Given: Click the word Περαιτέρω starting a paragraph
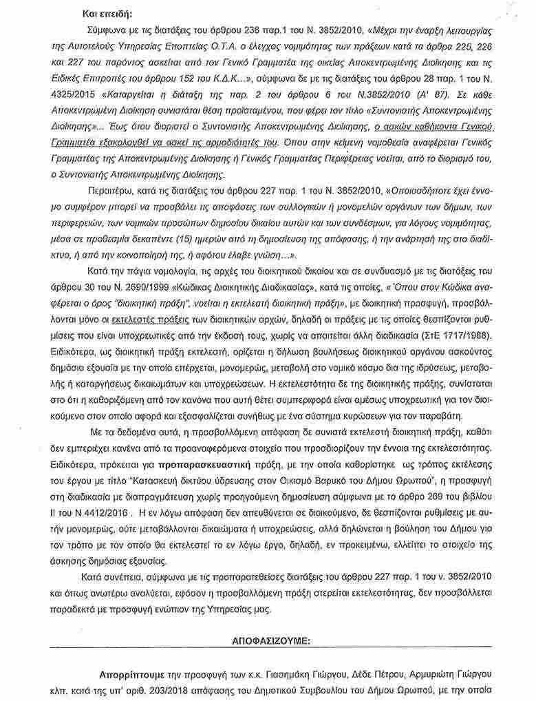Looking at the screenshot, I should point(109,189).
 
